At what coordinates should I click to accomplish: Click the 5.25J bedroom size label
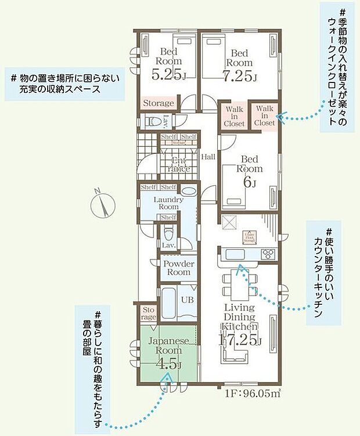coord(168,75)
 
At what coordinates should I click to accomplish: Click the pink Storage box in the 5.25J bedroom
coord(159,103)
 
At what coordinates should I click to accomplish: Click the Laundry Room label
coord(168,203)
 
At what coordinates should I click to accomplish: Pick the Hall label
coord(208,157)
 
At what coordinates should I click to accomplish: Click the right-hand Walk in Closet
coord(264,116)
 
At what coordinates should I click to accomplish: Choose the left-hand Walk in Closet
coord(235,116)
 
